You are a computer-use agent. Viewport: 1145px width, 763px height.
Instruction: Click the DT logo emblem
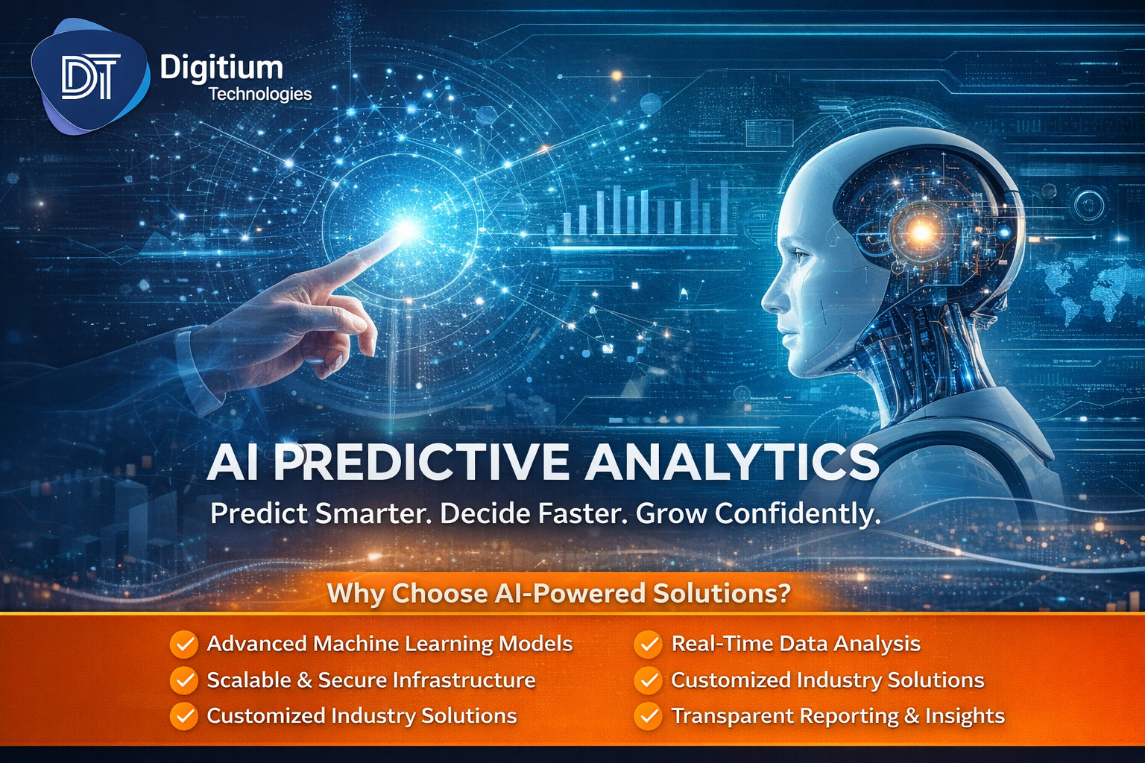coord(89,77)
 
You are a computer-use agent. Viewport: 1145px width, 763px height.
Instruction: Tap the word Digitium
coord(221,68)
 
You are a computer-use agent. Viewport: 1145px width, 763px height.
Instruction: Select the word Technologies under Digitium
coord(259,94)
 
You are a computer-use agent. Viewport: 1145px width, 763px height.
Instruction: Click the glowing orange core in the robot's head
coord(921,232)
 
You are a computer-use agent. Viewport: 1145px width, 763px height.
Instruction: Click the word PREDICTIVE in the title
coord(421,463)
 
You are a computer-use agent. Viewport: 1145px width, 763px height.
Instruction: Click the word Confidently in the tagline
coord(797,513)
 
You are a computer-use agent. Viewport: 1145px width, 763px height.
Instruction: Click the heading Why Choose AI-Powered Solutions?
coord(558,593)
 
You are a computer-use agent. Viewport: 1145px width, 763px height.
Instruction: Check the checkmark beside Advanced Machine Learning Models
coord(184,645)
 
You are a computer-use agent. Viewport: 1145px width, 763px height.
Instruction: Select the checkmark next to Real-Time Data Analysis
coord(649,645)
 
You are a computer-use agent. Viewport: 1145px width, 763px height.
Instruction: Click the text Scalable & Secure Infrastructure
coord(371,680)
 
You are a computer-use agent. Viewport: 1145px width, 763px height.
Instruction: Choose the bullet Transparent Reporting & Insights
coord(838,716)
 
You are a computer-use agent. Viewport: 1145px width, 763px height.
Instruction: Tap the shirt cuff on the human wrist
coord(198,369)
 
